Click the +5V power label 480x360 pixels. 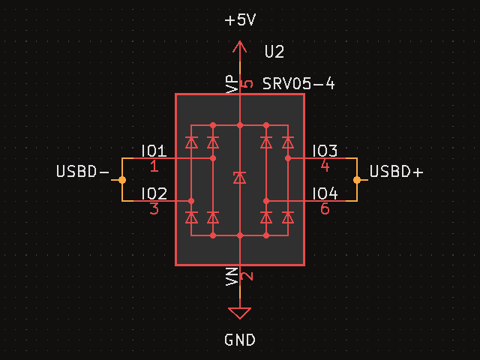(x=240, y=20)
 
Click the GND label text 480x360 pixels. (x=240, y=340)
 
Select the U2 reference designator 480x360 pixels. (x=274, y=52)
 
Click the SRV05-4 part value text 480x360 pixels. (x=298, y=83)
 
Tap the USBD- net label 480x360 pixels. (x=82, y=172)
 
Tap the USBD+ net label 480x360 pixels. (x=396, y=172)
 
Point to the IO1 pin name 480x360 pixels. (x=154, y=150)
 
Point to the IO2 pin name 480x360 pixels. (x=154, y=193)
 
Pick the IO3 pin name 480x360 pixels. (x=325, y=150)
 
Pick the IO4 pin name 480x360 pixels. (x=325, y=193)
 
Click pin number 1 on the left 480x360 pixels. (x=154, y=166)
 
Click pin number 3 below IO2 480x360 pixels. (x=154, y=209)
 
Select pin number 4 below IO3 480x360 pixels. (x=325, y=166)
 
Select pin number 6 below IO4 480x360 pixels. (x=325, y=209)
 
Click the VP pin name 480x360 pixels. (x=232, y=84)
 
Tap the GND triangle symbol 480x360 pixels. (x=240, y=313)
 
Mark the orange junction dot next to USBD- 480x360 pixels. (x=122, y=179)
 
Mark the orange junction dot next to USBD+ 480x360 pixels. (x=357, y=179)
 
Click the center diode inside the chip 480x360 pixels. (x=240, y=178)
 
